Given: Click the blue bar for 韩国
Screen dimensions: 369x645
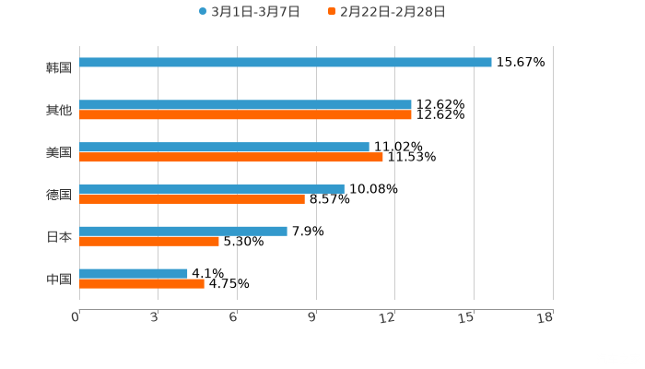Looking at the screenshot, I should [x=286, y=63].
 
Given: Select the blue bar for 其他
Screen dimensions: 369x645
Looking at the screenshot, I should [x=245, y=105].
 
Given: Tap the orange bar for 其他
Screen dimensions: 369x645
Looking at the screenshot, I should [x=245, y=115].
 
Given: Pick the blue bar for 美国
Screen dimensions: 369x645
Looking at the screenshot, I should [x=224, y=148].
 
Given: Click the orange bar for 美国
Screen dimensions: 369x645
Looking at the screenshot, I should [x=231, y=158].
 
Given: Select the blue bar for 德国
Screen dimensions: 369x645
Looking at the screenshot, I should [x=212, y=189].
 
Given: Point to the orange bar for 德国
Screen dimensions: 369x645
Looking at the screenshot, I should [x=192, y=199].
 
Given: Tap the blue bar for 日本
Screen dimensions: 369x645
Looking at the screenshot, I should [x=183, y=232].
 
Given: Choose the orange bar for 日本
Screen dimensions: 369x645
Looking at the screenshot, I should [x=149, y=242].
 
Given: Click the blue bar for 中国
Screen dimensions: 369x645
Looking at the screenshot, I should [x=134, y=274].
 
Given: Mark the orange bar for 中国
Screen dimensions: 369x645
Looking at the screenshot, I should [x=142, y=284].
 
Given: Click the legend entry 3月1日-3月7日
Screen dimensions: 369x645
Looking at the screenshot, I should [x=249, y=12].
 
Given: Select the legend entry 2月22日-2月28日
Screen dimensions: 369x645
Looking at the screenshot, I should [x=386, y=12].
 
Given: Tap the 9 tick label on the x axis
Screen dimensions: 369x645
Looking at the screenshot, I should [x=311, y=317].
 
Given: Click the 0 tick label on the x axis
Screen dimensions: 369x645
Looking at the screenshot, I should [x=76, y=317].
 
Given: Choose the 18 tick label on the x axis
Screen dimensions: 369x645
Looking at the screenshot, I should [x=545, y=317].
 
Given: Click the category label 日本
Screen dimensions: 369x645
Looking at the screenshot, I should [x=59, y=237].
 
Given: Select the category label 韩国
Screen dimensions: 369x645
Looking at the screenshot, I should [x=59, y=67].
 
